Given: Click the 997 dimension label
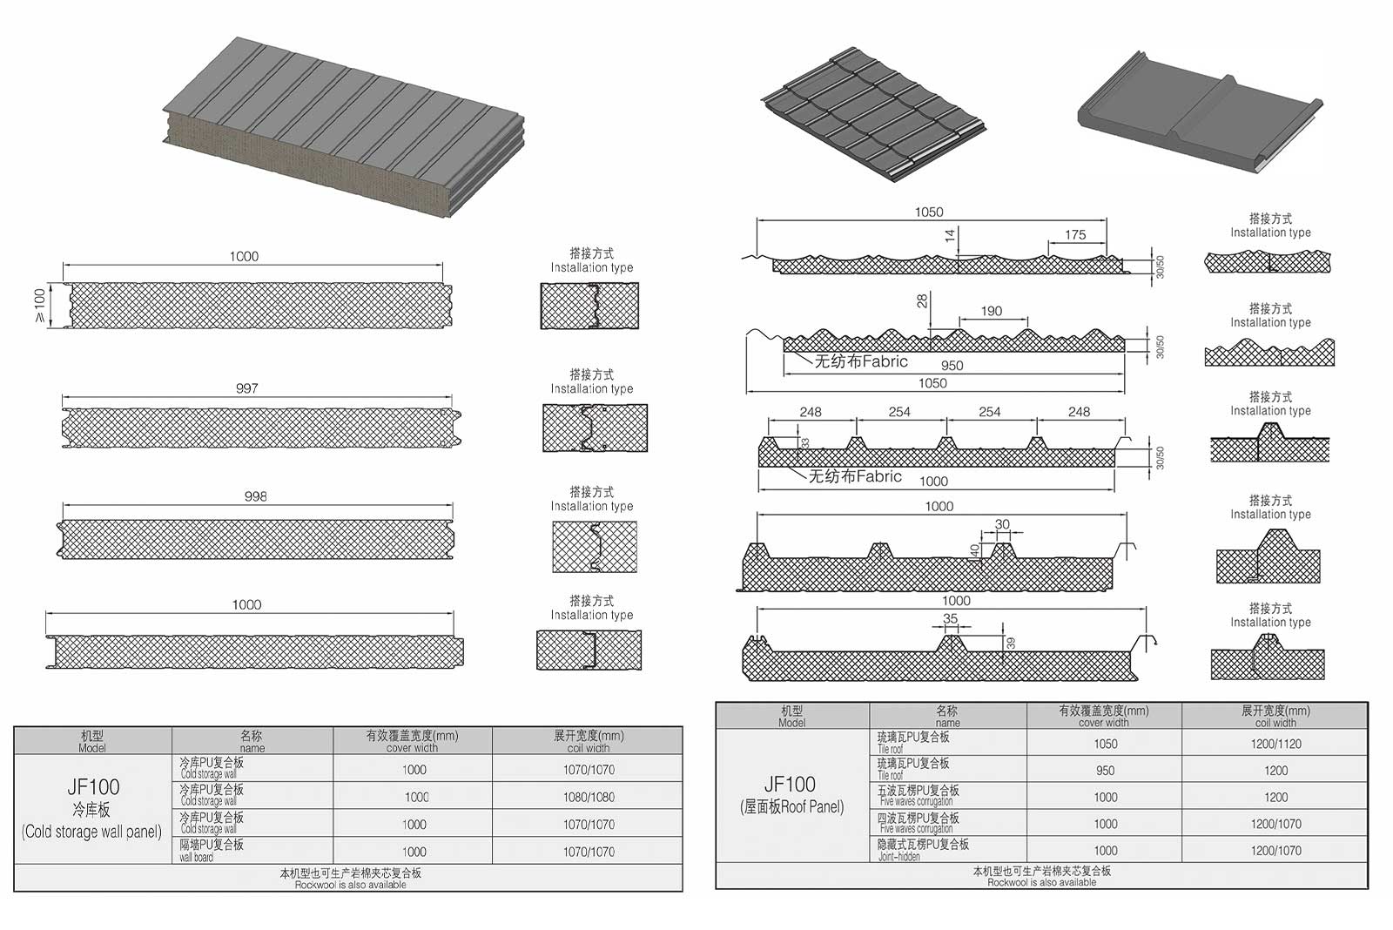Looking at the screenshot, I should pos(247,388).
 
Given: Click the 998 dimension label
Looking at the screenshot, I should pos(256,496).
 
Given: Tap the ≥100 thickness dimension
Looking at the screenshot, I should pos(40,306).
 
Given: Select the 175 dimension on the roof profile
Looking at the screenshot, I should pos(1075,235).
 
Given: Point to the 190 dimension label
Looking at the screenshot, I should pos(992,311).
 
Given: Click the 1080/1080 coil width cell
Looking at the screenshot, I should pos(589,797).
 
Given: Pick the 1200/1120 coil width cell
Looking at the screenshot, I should pos(1275,744).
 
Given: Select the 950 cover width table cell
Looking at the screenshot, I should pos(1105,771).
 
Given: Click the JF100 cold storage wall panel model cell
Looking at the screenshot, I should pos(92,808).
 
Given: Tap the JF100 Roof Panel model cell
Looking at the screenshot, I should pos(791,794).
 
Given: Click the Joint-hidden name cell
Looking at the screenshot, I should pos(923,850).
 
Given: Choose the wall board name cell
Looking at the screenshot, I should pos(212,851).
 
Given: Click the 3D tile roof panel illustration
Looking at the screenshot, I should pos(875,113).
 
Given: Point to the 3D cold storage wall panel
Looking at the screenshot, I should pos(344,131).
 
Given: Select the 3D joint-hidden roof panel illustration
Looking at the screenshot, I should pos(1200,118).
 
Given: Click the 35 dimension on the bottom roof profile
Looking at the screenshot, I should pos(950,619).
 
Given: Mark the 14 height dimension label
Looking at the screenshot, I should pos(951,234).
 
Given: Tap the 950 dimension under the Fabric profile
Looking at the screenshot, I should pos(952,366).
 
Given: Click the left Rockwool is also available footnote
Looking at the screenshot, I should pos(350,879).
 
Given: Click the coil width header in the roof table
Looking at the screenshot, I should pos(1275,717).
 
